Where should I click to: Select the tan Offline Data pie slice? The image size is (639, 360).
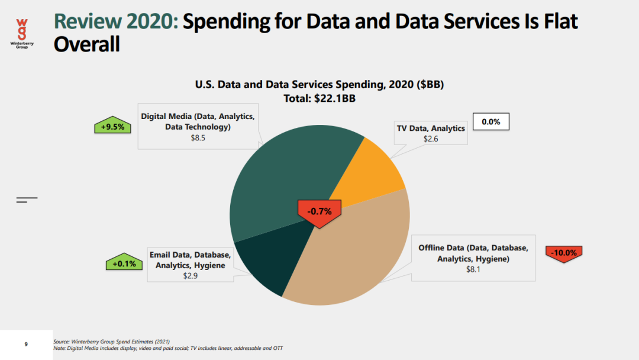click(x=355, y=255)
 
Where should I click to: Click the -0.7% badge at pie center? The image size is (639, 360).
click(x=319, y=211)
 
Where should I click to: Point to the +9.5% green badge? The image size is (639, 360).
click(x=112, y=126)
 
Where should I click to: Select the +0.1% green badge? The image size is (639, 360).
click(x=124, y=263)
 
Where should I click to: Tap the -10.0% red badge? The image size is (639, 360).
click(x=563, y=253)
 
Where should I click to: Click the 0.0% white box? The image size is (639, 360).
click(x=490, y=122)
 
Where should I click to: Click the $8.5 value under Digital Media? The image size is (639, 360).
click(x=198, y=137)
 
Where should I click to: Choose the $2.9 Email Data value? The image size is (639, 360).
click(x=191, y=276)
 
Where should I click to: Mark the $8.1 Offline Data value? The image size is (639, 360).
click(x=473, y=269)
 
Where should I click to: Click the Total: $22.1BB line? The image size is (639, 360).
click(x=319, y=98)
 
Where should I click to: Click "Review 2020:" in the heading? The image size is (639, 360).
click(x=115, y=22)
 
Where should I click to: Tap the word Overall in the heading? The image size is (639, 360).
click(x=87, y=44)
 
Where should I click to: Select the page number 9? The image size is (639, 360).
click(x=26, y=344)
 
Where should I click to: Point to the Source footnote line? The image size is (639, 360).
click(x=111, y=342)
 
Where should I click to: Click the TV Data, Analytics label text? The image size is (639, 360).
click(x=430, y=128)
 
